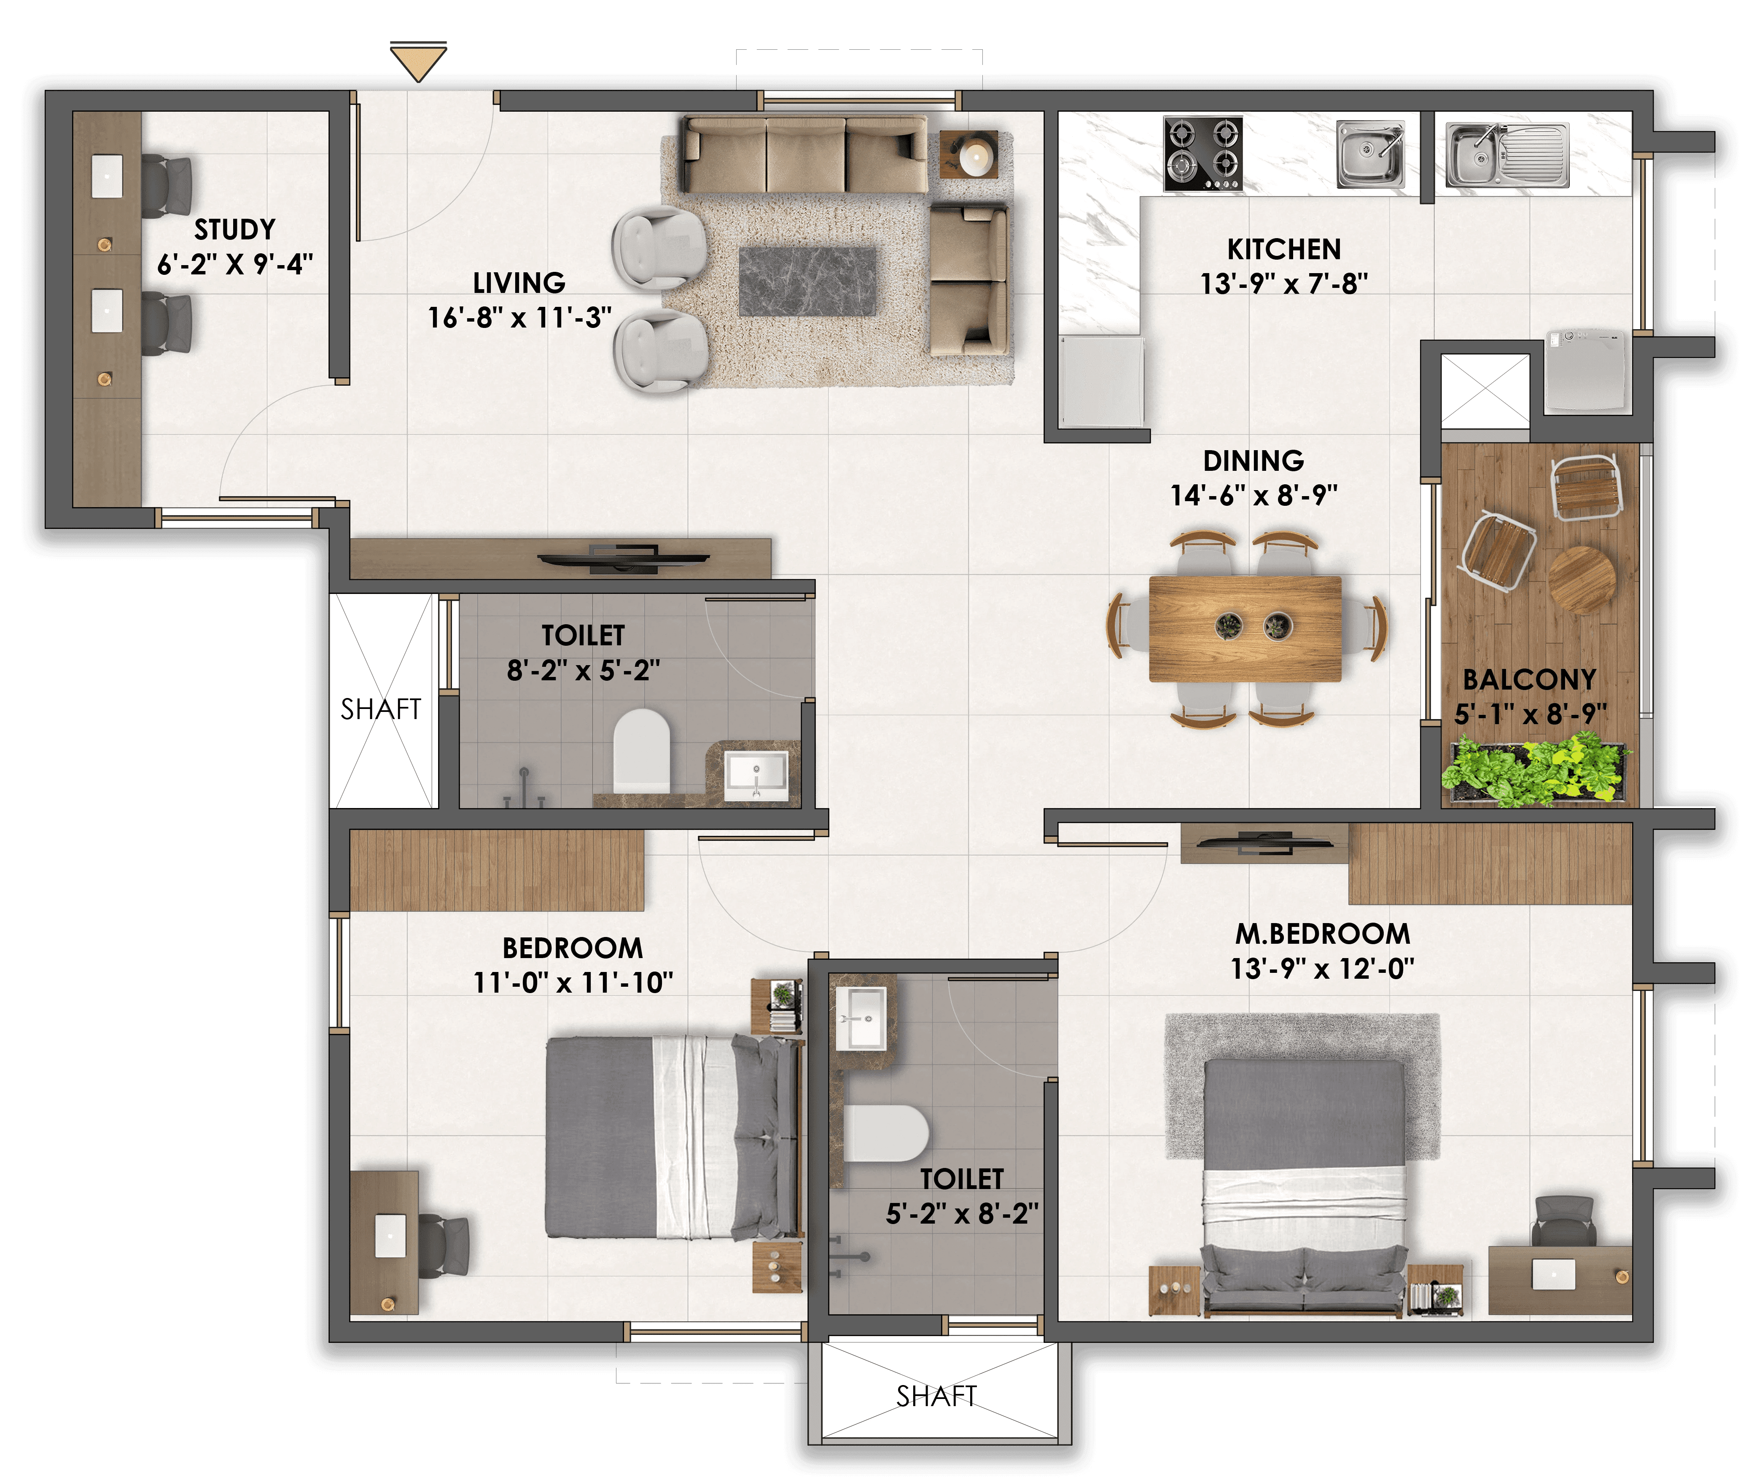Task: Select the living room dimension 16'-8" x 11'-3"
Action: point(519,317)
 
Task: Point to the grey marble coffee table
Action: point(807,282)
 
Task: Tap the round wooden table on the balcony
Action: point(1582,580)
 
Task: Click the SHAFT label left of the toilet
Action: point(381,709)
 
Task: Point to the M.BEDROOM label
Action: point(1323,933)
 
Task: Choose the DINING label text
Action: point(1254,460)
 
